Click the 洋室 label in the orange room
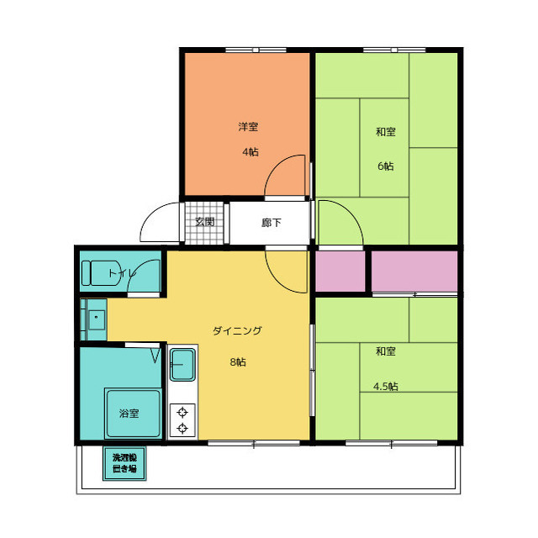click(x=248, y=127)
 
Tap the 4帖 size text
click(x=251, y=151)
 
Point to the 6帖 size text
click(x=386, y=166)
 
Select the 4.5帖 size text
click(x=386, y=387)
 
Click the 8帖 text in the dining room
click(x=238, y=362)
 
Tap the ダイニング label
click(x=237, y=330)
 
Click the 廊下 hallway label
click(x=271, y=223)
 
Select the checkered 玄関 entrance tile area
click(x=204, y=223)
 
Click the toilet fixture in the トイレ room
click(x=101, y=273)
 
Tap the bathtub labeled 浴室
click(x=133, y=414)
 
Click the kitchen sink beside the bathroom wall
click(x=183, y=365)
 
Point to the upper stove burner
click(x=182, y=412)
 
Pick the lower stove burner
click(x=182, y=428)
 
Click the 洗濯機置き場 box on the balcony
click(x=124, y=463)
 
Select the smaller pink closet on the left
click(x=340, y=272)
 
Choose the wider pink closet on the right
click(x=414, y=272)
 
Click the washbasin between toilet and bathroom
click(x=97, y=319)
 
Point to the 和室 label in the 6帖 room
click(x=386, y=131)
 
